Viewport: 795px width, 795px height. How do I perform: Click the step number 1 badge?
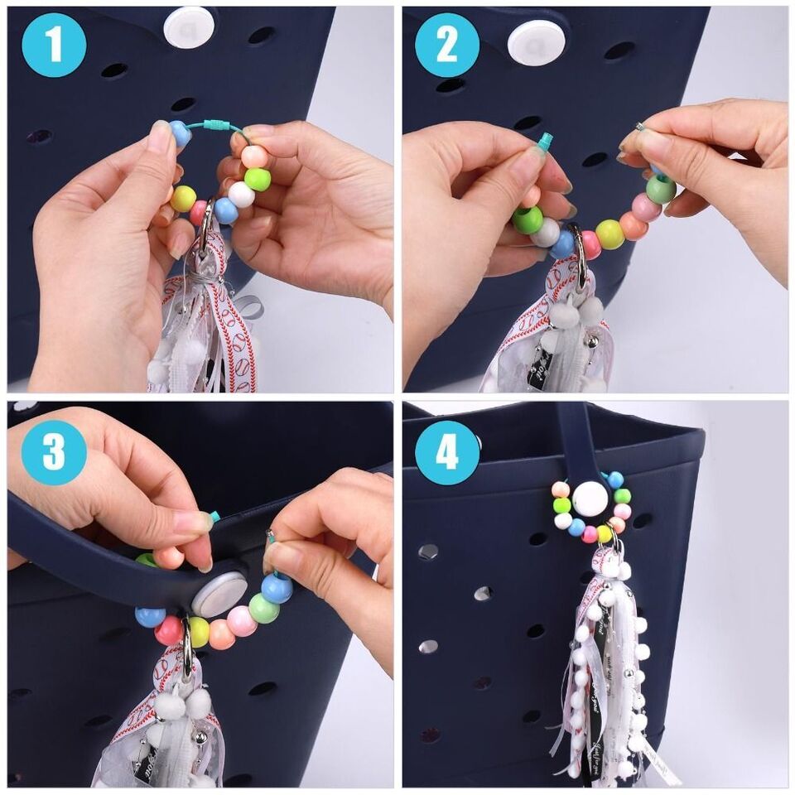point(55,45)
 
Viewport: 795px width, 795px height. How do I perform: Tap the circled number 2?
point(447,45)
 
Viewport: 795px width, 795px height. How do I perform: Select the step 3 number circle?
point(55,451)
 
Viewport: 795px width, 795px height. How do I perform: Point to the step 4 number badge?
point(447,451)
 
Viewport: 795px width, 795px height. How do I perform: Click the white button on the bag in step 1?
point(189,27)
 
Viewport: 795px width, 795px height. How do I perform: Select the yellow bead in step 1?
point(183,198)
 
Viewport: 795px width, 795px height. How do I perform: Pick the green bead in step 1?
point(258,179)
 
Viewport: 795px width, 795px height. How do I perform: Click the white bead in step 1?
point(241,195)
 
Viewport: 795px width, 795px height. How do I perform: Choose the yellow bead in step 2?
point(609,234)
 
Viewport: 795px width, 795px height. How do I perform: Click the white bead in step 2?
point(546,233)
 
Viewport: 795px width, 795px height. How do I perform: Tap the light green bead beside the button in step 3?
point(263,609)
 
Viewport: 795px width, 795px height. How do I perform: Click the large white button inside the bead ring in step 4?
point(590,499)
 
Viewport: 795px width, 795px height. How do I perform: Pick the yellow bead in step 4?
point(605,533)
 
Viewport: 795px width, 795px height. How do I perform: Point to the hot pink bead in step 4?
point(590,534)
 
